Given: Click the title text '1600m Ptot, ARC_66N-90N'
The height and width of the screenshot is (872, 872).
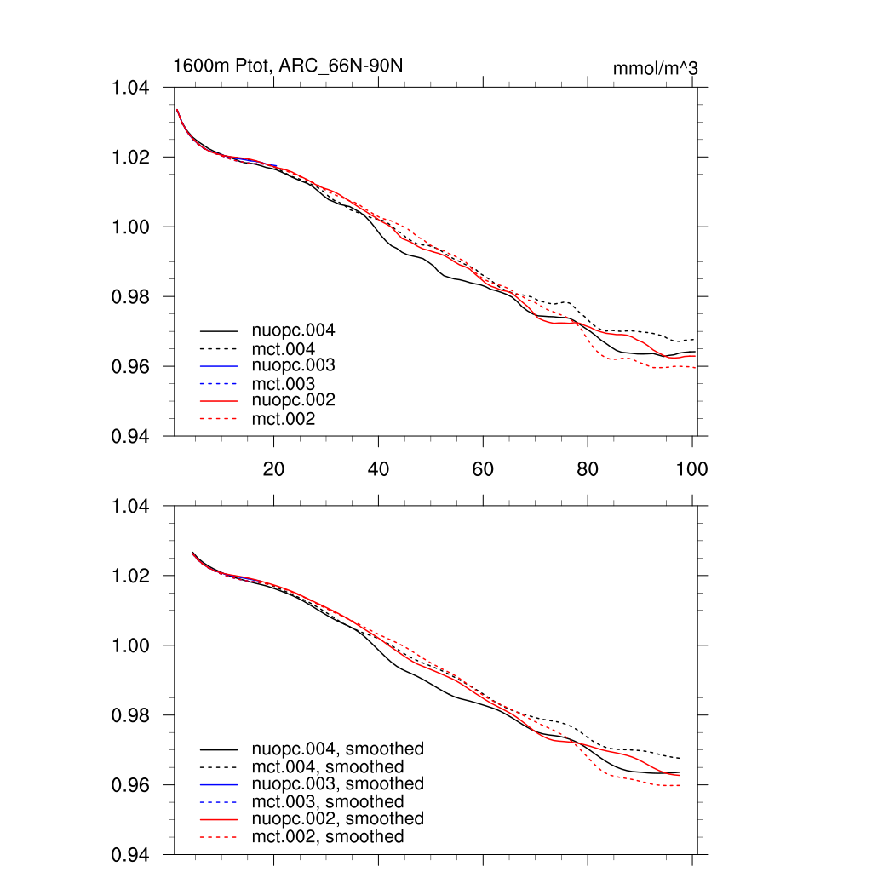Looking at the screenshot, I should click(288, 66).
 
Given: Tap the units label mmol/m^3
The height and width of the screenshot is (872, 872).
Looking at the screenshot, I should click(655, 68).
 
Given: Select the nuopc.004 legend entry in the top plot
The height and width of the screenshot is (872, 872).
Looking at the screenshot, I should click(295, 330).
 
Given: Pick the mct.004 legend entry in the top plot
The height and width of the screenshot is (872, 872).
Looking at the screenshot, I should click(284, 349).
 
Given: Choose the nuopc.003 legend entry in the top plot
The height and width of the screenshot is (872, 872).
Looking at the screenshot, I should click(295, 365).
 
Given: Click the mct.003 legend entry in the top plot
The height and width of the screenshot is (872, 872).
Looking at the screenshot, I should click(284, 384).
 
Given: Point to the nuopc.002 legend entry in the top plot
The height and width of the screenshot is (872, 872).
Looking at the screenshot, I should click(295, 400).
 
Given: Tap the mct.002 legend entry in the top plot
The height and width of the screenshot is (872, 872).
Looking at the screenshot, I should click(284, 419).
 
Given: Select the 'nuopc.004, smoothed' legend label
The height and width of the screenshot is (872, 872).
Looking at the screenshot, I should click(338, 749).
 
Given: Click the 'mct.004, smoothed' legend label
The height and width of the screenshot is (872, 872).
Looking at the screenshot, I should click(328, 767).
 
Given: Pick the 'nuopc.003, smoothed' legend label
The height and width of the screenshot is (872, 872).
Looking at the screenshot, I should click(338, 783).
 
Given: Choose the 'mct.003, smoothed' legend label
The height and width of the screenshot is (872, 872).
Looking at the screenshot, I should click(328, 802).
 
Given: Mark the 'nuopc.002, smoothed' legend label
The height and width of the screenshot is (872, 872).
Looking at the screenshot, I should click(338, 818).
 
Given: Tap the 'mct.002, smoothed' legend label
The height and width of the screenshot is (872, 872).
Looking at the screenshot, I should click(328, 837).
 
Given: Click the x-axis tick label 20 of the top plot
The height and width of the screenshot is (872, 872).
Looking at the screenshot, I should click(273, 468).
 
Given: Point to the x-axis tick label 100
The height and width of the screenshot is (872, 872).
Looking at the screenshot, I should click(691, 468).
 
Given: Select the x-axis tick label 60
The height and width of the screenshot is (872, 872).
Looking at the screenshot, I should click(483, 468).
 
